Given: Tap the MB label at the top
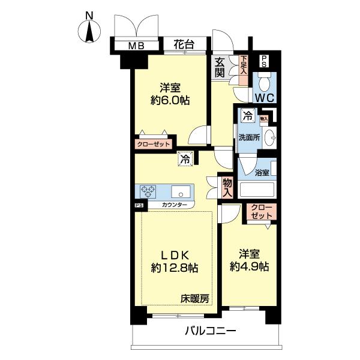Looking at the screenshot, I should tap(135, 45).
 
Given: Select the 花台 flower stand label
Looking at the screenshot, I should tap(184, 44).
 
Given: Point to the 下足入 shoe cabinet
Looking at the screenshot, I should tap(244, 65).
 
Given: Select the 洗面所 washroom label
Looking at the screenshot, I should tap(248, 136).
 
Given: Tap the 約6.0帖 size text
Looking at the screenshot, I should tap(170, 100).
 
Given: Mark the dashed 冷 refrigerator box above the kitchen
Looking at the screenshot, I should tap(185, 160).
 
